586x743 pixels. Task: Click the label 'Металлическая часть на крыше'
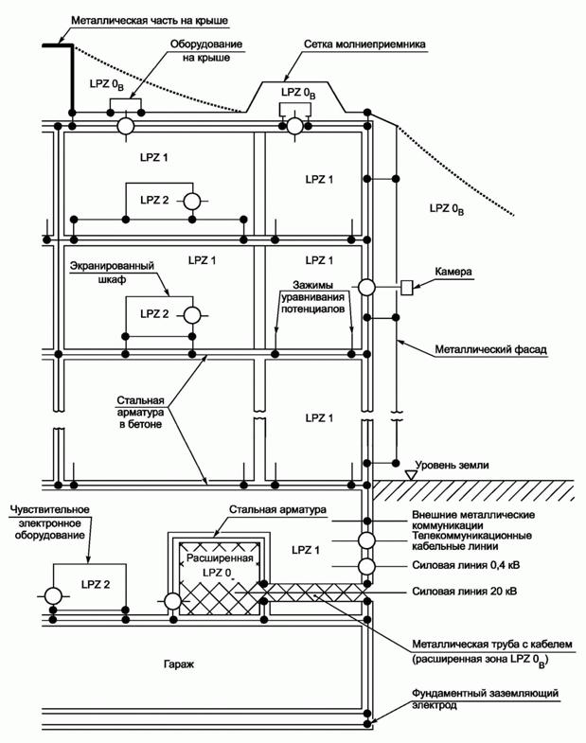(x=150, y=21)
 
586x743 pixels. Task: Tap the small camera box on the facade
(x=407, y=288)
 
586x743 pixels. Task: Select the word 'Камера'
(x=453, y=272)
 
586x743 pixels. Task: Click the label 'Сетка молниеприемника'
(x=364, y=44)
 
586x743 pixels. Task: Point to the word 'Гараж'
(x=179, y=664)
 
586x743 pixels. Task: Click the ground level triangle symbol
(x=411, y=474)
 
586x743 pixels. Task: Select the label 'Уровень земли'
(x=453, y=465)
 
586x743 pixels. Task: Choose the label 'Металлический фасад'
(x=490, y=349)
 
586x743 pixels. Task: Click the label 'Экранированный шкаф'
(x=113, y=273)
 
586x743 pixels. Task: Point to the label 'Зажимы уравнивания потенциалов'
(x=313, y=297)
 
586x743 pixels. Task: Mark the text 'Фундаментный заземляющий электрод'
(x=485, y=699)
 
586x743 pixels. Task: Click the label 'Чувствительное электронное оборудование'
(x=49, y=522)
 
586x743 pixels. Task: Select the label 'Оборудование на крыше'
(x=206, y=51)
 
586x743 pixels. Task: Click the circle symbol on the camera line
(x=366, y=287)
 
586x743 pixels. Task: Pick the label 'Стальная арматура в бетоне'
(x=140, y=413)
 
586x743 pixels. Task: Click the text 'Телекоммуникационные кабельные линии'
(x=471, y=540)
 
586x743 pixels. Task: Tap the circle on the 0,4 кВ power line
(x=366, y=566)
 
